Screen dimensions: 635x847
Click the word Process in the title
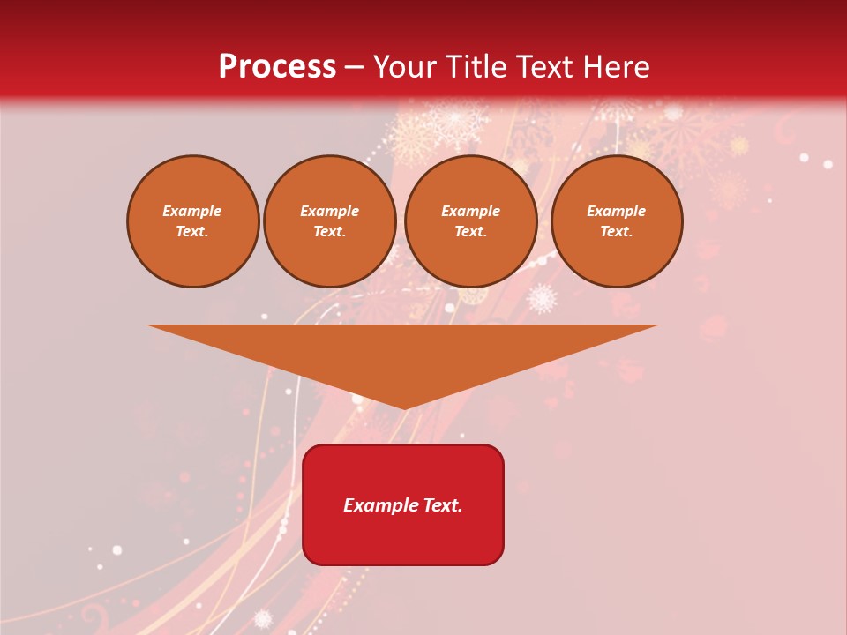277,67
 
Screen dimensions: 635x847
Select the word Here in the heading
615,67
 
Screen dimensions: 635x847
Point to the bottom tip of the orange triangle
404,407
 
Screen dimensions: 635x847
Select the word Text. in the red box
441,505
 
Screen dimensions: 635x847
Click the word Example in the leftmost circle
192,212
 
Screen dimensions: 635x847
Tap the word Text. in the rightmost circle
617,232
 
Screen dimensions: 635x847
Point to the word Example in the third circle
471,212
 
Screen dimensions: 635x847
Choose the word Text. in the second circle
330,232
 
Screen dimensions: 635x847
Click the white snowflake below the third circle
542,298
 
